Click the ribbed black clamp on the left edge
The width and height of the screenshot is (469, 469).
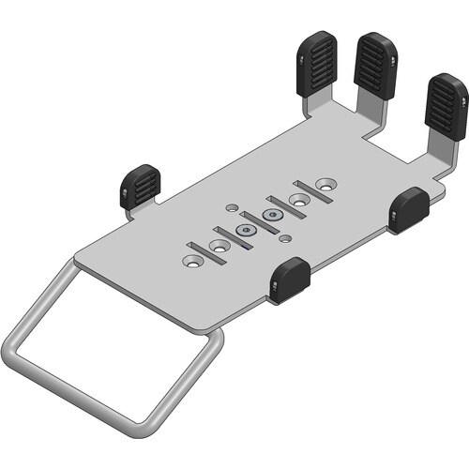coord(140,186)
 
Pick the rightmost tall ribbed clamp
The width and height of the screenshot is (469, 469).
coord(446,104)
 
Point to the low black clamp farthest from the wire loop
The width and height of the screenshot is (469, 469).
coord(409,208)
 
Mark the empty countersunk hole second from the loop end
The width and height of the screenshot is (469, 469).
coord(221,246)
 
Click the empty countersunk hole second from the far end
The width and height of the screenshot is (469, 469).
coord(300,199)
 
